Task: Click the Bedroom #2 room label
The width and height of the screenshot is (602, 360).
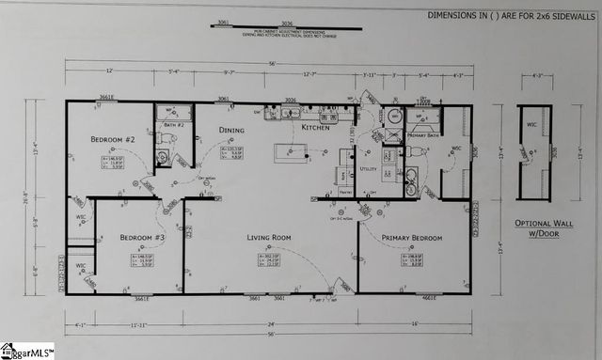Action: tap(114, 140)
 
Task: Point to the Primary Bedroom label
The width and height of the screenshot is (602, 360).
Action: tap(412, 238)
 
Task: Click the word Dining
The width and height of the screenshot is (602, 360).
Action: tap(231, 131)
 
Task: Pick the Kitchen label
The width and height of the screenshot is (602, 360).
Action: tap(315, 127)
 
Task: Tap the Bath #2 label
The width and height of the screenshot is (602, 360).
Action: tap(173, 124)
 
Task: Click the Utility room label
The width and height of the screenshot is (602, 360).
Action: tap(368, 170)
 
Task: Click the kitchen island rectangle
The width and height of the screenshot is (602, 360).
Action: tap(292, 152)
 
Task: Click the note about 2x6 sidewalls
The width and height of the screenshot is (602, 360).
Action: tap(513, 15)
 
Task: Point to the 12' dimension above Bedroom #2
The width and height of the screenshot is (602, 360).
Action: tap(109, 71)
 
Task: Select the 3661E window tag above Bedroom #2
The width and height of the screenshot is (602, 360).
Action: tap(107, 96)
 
